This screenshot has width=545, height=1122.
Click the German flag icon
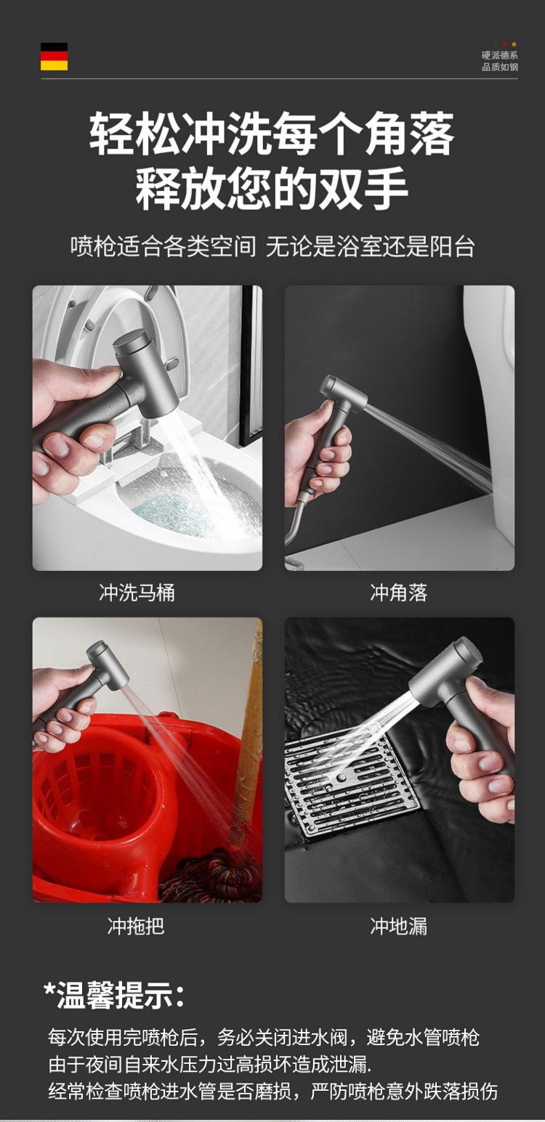pos(54,57)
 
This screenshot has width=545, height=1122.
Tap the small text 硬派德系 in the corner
pos(499,55)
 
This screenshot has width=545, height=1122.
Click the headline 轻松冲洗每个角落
pos(272,134)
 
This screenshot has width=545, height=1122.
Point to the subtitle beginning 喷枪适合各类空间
pos(272,247)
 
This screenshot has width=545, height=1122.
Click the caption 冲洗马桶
pos(137,593)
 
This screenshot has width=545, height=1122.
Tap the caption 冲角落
pos(398,593)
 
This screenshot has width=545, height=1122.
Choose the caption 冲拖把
pos(137,926)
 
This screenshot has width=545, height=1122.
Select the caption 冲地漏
pos(398,926)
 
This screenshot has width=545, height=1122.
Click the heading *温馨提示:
pos(114,994)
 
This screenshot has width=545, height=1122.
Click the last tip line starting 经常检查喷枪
pos(272,1091)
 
